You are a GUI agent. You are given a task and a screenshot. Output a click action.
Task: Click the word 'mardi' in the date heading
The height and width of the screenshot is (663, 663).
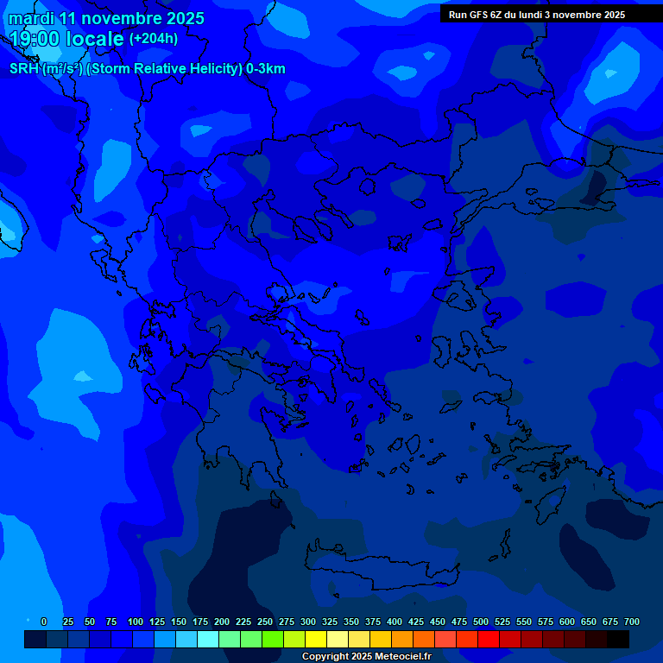pos(31,18)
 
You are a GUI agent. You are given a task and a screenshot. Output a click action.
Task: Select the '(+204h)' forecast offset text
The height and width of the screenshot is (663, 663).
pos(154,38)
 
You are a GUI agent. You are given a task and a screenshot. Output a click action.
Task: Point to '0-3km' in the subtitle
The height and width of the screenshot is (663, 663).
pos(266,69)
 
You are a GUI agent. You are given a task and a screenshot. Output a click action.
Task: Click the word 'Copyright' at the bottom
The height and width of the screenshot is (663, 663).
pos(326,657)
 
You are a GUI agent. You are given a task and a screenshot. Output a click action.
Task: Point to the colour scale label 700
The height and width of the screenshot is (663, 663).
pos(631,622)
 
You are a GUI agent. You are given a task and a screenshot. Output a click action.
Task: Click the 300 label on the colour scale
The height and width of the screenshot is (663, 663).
pos(308,622)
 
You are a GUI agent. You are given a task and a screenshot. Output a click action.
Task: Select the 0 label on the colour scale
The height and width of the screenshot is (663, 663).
pos(44,622)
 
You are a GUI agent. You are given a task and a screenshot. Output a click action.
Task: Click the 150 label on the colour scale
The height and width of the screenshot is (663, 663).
pos(179,622)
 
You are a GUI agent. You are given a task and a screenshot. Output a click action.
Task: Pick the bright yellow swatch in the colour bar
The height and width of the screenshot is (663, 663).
pos(316,639)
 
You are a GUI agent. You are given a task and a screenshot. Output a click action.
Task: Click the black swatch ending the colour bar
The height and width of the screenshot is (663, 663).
pos(618,639)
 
